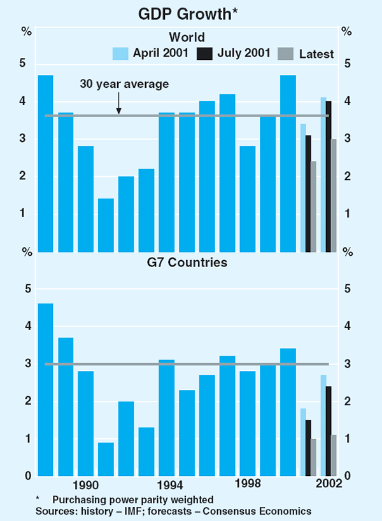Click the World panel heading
(x=187, y=37)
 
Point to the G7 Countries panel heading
(x=187, y=262)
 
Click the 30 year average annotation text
(x=124, y=83)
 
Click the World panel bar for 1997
(x=227, y=172)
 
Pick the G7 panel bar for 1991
(x=106, y=459)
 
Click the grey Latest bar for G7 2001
(x=313, y=457)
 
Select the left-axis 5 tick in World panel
(x=22, y=64)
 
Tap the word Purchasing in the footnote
(x=79, y=500)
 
